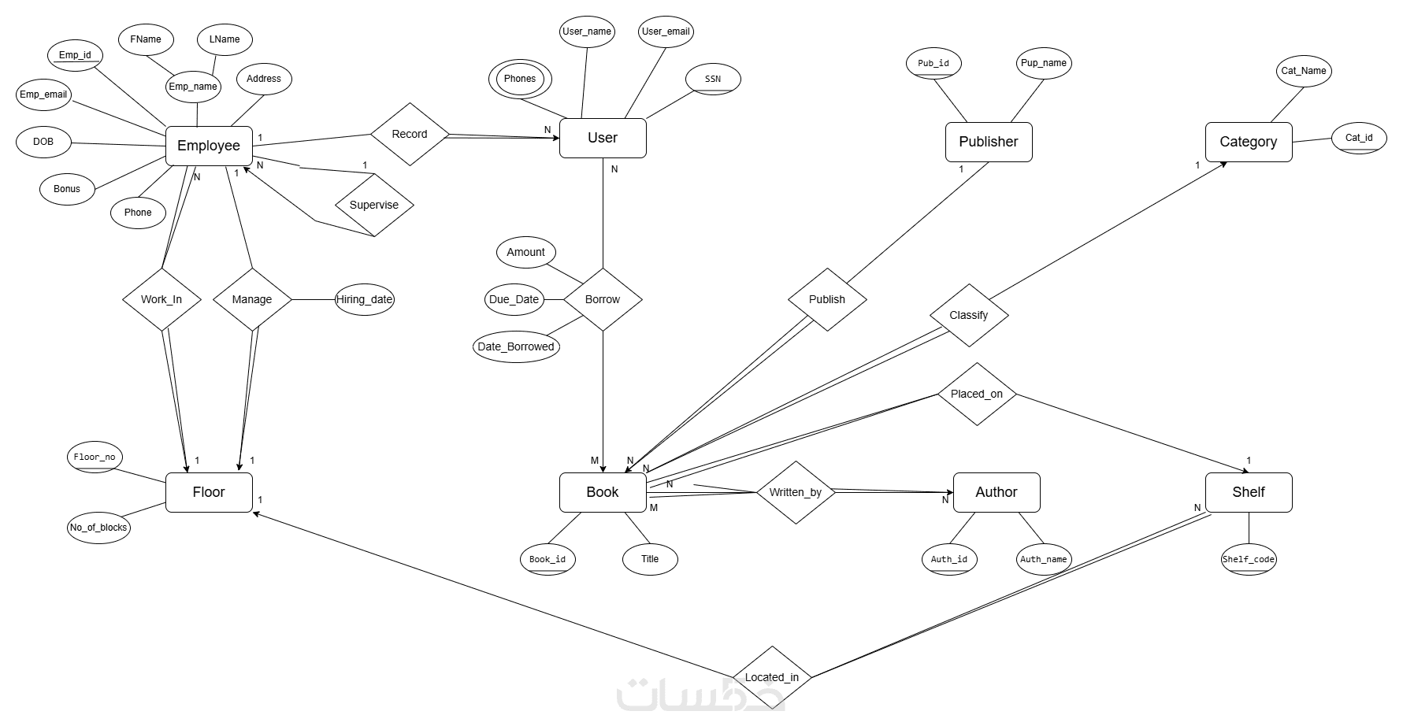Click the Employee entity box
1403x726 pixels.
coord(209,146)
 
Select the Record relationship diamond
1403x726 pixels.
coord(410,134)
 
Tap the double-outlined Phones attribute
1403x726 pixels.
coord(520,79)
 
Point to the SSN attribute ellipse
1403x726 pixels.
coord(713,79)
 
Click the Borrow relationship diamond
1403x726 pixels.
coord(603,299)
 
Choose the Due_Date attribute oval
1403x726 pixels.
coord(514,299)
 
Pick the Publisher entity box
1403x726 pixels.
coord(989,142)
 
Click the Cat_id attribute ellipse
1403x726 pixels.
coord(1359,138)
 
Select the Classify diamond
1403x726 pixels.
coord(969,315)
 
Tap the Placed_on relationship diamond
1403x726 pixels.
coord(977,394)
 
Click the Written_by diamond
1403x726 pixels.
coord(796,492)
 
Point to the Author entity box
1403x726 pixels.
coord(997,492)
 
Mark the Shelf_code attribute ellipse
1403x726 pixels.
coord(1249,559)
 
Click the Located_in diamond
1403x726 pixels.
coord(772,677)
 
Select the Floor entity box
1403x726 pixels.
coord(209,492)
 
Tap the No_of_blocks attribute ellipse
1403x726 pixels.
coord(98,528)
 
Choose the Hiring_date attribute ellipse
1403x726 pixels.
coord(364,299)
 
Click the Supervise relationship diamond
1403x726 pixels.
coord(374,205)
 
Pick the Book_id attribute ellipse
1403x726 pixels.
coord(547,559)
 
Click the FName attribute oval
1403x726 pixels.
coord(146,39)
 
